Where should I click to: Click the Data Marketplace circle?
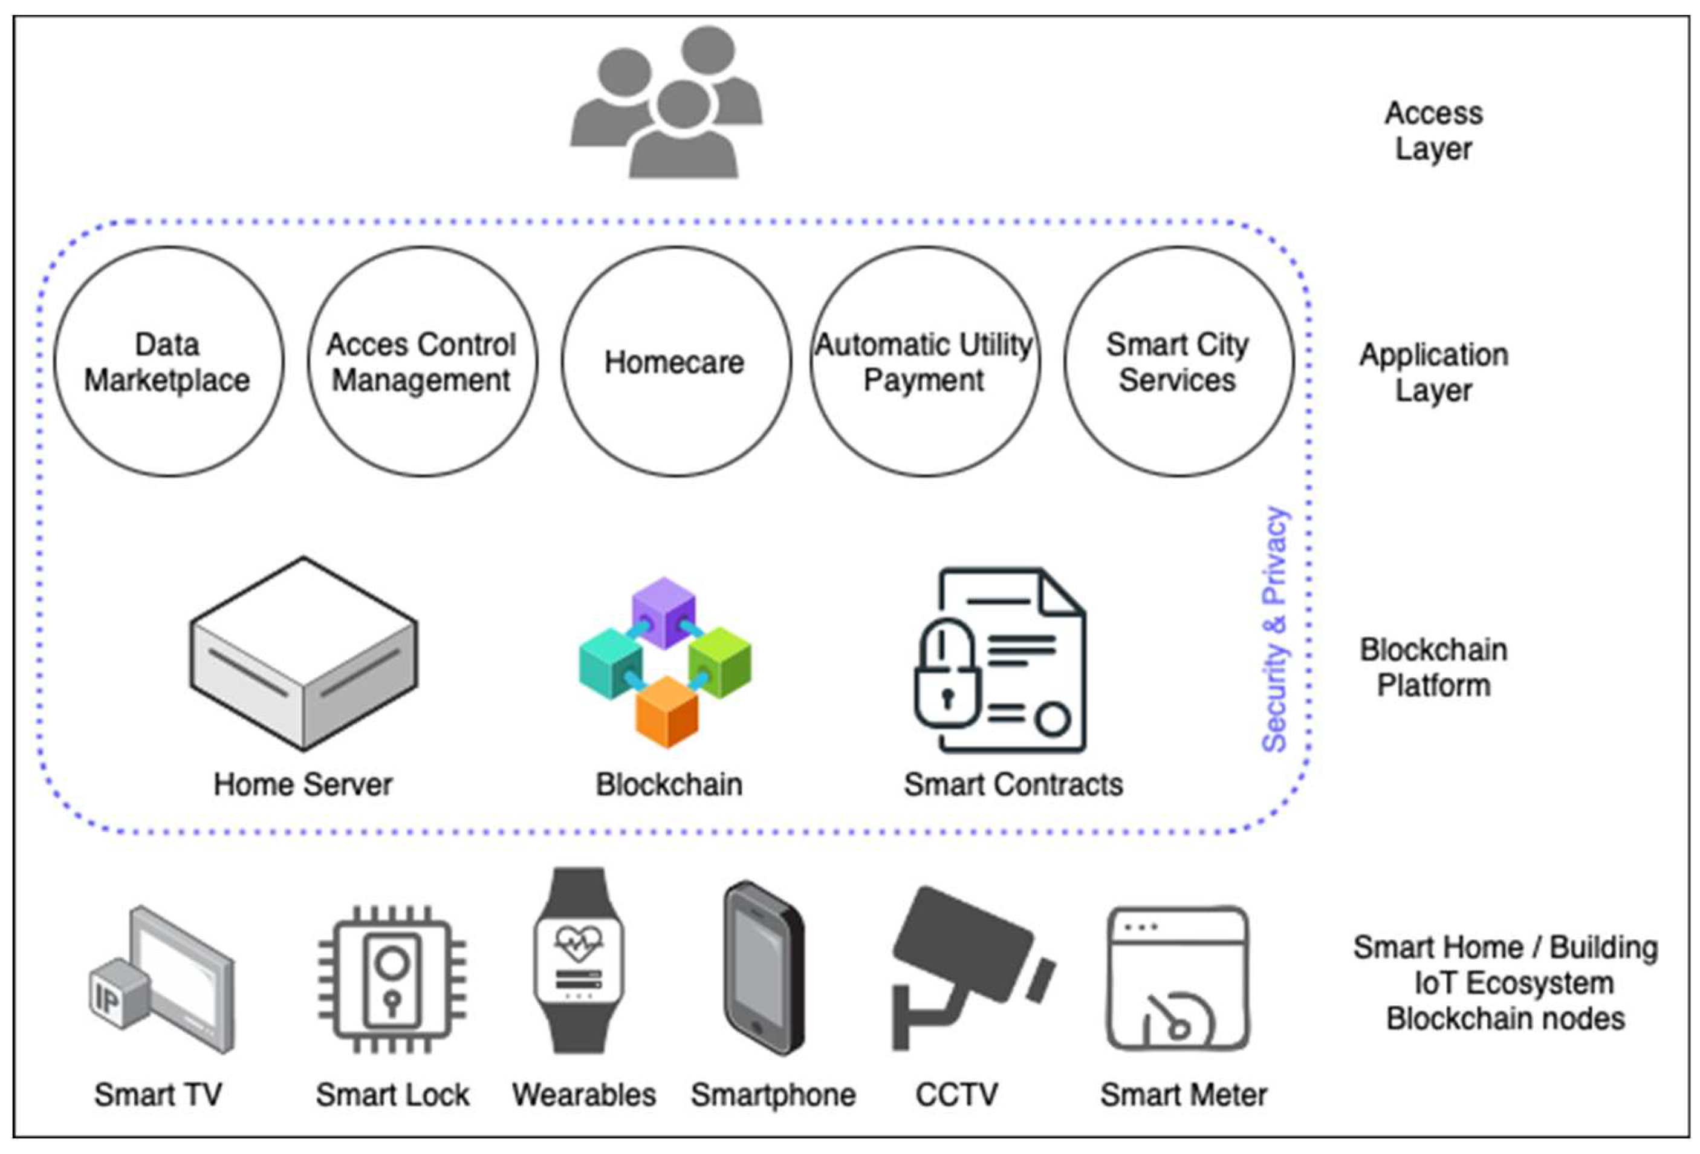coord(168,362)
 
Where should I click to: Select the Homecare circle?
coord(675,362)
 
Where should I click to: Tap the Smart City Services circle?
coord(1178,362)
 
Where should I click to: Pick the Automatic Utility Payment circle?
coord(924,362)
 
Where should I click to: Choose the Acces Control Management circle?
coord(422,362)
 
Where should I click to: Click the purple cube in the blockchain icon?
coord(663,611)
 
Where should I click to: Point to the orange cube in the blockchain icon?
coord(666,712)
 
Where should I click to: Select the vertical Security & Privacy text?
coord(1274,630)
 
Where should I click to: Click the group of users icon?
coord(666,102)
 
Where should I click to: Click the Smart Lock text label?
coord(392,1095)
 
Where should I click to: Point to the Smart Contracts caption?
coord(1013,784)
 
